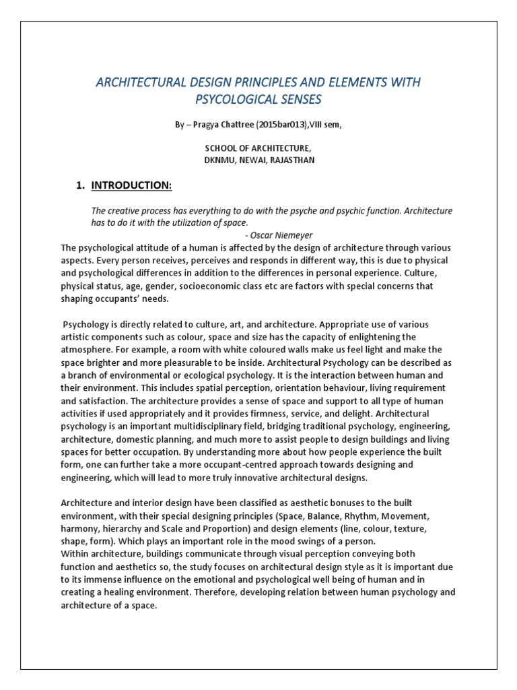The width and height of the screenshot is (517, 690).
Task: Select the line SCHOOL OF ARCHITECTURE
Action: tap(258, 148)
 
